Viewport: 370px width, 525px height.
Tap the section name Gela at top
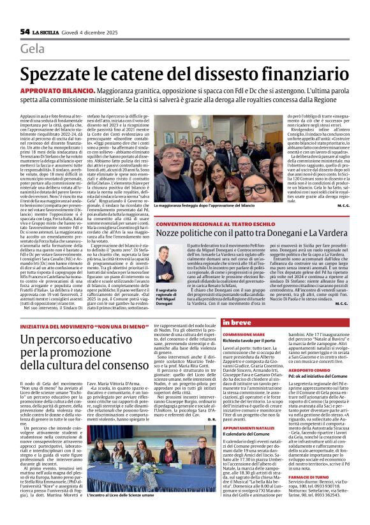click(33, 49)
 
